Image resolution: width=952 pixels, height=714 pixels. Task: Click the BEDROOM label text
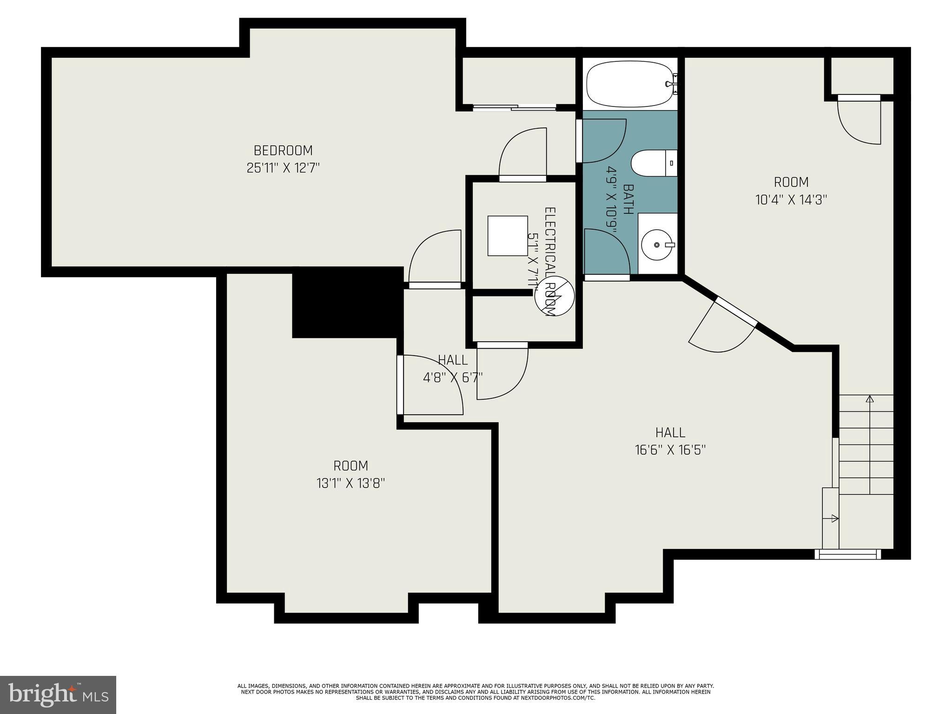tap(283, 151)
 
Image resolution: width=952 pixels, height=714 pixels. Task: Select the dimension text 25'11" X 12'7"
tap(283, 168)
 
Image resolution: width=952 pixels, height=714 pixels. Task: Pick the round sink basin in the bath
tap(657, 245)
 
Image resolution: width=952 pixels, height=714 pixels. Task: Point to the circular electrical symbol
tap(555, 296)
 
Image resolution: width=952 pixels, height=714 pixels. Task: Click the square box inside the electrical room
tap(507, 236)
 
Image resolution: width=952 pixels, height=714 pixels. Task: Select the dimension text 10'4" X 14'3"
tap(791, 200)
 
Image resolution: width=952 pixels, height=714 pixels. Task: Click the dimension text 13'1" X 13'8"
tap(350, 483)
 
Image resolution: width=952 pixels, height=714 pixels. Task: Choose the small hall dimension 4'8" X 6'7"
tap(452, 377)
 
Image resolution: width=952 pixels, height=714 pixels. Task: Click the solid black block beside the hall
tap(347, 303)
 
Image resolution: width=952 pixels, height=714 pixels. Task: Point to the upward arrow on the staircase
tap(869, 399)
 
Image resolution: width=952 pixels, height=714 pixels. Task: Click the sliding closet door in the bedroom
tap(514, 108)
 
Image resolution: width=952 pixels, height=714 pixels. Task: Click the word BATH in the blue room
tap(628, 199)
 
